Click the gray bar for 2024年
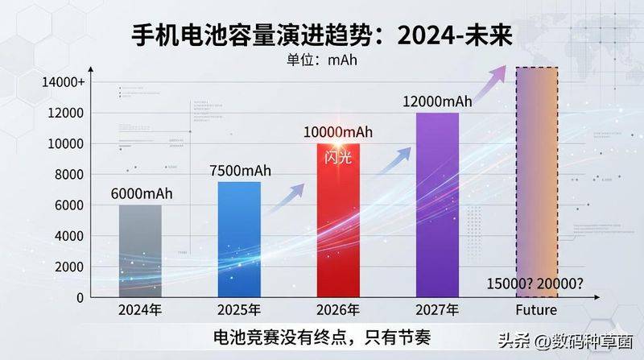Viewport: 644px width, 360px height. (140, 250)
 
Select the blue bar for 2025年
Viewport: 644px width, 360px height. (239, 239)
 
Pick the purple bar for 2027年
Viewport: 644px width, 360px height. (437, 205)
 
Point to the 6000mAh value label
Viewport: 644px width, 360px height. (140, 194)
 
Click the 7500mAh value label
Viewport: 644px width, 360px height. (239, 171)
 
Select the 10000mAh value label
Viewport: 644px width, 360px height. (338, 131)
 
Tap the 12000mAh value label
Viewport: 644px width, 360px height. (437, 101)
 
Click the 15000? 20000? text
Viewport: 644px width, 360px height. (536, 283)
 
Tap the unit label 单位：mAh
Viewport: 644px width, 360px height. (322, 58)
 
